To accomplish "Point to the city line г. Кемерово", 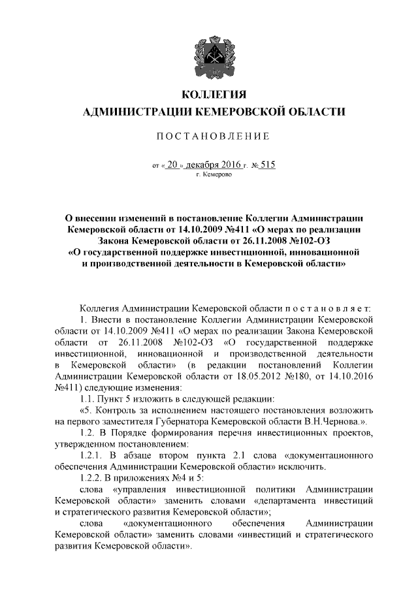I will click(210, 176).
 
